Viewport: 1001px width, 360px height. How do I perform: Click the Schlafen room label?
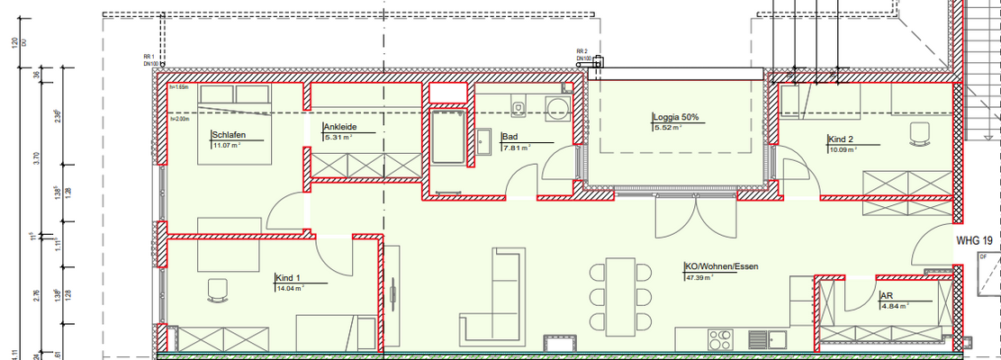click(x=228, y=136)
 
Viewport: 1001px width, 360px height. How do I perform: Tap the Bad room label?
click(x=510, y=138)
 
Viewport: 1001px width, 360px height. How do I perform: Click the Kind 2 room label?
click(x=841, y=139)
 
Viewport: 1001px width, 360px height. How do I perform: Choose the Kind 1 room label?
click(x=287, y=279)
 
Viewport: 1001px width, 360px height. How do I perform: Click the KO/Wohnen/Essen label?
click(x=721, y=267)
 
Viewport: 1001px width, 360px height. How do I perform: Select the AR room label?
click(x=886, y=295)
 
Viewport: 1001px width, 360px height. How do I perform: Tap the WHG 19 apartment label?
click(x=974, y=240)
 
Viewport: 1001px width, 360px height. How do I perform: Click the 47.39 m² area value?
click(x=698, y=278)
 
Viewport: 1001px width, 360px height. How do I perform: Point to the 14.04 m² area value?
click(x=289, y=289)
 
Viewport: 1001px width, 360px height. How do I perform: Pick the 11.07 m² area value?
click(x=227, y=146)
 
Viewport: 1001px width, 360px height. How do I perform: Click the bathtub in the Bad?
click(x=447, y=136)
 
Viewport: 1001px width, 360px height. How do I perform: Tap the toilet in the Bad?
click(x=519, y=108)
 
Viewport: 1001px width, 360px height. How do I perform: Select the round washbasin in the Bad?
click(x=559, y=109)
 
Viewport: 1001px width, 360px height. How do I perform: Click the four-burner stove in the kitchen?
click(x=720, y=340)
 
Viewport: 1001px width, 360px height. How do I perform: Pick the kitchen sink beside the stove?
click(x=755, y=339)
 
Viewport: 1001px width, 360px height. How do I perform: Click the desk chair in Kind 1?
click(x=218, y=289)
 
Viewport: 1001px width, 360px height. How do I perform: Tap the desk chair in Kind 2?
click(x=918, y=132)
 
